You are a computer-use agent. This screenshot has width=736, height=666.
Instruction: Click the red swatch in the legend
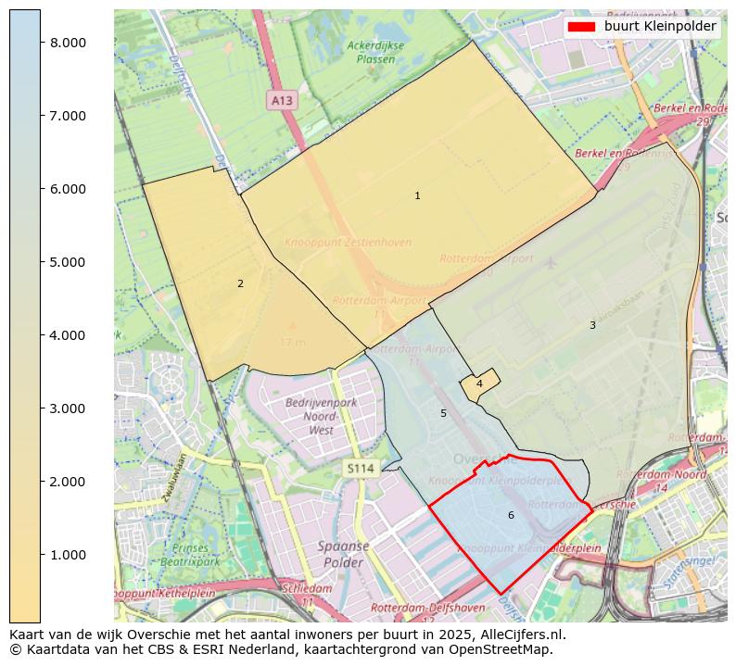click(x=581, y=27)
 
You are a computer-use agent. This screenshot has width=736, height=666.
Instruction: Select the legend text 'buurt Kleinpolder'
click(x=660, y=27)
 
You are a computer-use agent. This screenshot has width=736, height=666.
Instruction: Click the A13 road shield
click(x=282, y=99)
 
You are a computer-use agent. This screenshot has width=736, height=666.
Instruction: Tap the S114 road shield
click(x=361, y=469)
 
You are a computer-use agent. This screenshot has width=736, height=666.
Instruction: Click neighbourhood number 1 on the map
click(x=417, y=195)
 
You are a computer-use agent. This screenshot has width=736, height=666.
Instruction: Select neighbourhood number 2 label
click(x=240, y=283)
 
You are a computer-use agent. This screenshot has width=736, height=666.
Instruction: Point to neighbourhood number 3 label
click(x=592, y=325)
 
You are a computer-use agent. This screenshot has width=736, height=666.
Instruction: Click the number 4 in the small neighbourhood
click(x=479, y=383)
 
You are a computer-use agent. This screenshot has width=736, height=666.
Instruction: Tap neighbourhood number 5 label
click(x=443, y=413)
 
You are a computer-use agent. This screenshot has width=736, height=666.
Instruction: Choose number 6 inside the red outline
click(x=511, y=515)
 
